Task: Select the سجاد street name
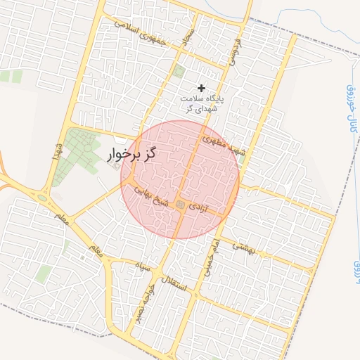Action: point(186,37)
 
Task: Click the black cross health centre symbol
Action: point(202,88)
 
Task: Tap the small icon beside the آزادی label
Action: point(181,205)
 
